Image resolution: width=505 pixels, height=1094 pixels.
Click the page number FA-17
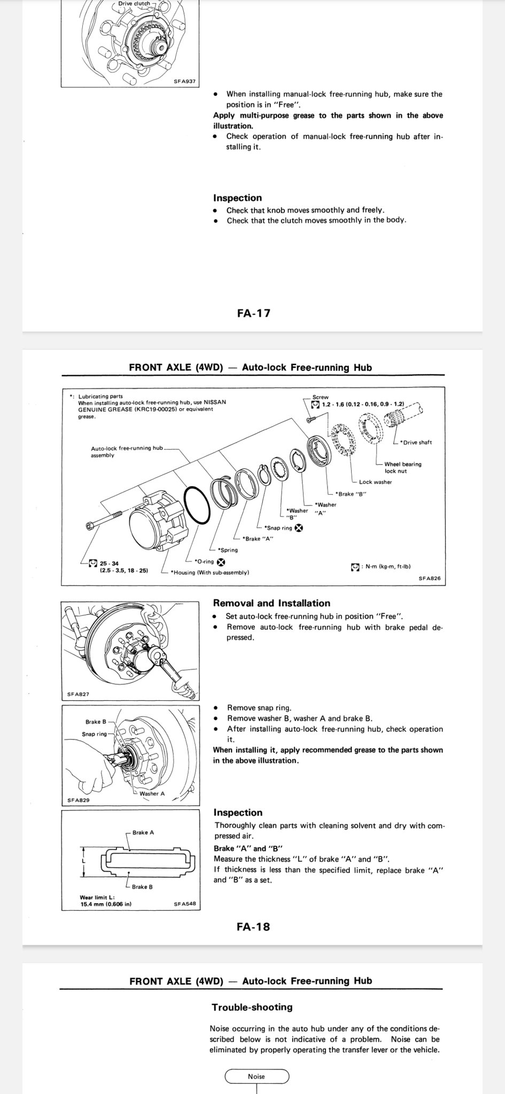253,313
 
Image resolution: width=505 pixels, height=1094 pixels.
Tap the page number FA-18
253,926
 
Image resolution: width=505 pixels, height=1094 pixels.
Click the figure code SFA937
185,82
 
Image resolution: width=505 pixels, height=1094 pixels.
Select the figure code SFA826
429,578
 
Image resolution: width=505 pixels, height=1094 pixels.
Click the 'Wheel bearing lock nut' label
402,467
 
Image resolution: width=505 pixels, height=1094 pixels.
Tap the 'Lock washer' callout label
375,482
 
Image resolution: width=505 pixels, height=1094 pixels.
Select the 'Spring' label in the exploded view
228,550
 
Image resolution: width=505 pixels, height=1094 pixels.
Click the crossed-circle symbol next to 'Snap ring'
299,528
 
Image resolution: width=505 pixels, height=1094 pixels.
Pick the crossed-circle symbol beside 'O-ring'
221,561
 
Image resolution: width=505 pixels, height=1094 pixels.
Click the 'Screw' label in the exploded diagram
320,397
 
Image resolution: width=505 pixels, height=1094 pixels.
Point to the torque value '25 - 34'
110,563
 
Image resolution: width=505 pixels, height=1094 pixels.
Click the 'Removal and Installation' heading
271,603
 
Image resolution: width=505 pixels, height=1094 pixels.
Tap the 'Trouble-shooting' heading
252,1007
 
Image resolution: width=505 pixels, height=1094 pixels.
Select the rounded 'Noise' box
257,1076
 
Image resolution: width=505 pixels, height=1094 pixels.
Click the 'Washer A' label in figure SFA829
152,793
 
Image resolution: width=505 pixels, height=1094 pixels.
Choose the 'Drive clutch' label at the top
134,3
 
